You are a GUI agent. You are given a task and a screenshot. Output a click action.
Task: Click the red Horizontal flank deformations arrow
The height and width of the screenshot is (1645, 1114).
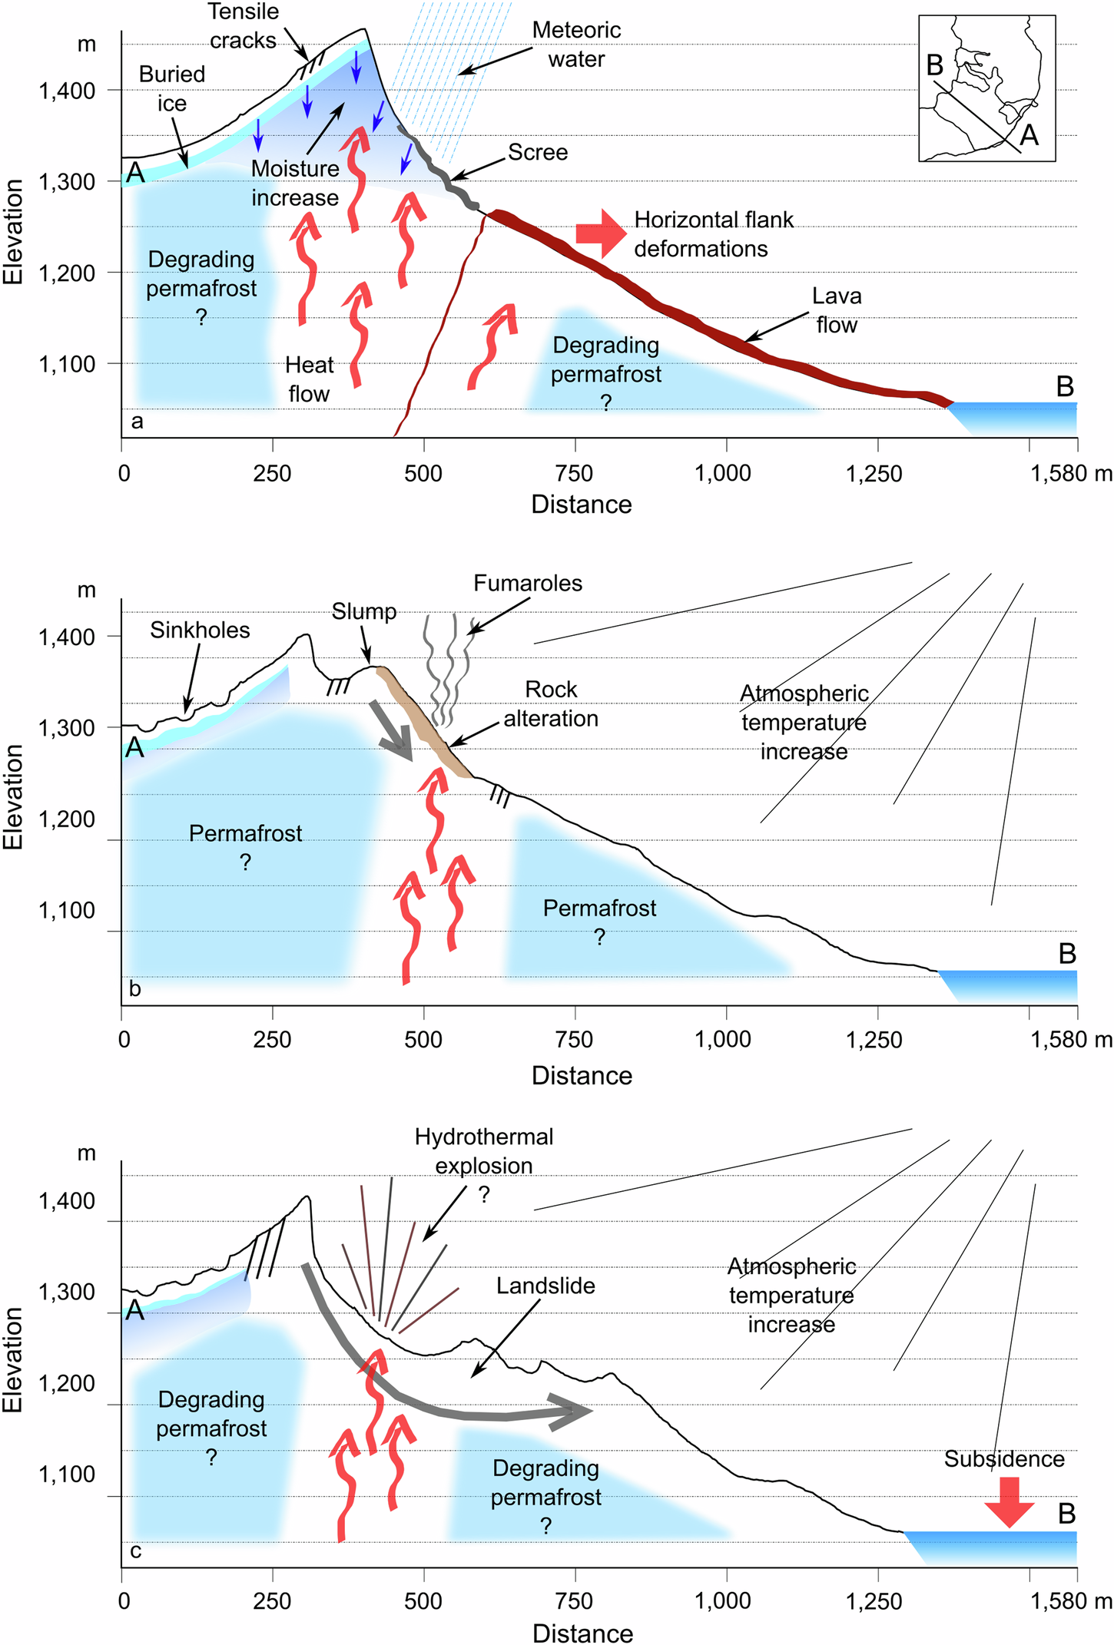click(601, 233)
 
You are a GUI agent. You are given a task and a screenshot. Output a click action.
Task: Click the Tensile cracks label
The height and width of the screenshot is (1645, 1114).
click(243, 26)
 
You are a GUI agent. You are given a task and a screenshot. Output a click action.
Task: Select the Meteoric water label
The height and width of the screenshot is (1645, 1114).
click(576, 45)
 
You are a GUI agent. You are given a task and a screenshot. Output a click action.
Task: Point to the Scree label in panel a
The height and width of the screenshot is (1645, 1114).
click(538, 152)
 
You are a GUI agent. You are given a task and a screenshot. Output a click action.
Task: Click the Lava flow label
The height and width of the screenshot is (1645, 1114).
click(837, 310)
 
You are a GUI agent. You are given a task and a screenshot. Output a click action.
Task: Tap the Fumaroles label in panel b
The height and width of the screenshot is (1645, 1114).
click(528, 583)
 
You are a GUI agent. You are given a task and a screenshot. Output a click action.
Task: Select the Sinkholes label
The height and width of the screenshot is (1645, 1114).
click(200, 630)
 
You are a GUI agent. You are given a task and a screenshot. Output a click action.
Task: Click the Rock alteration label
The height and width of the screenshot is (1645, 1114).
click(551, 703)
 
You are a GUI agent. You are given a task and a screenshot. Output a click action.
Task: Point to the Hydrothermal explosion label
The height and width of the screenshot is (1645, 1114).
click(484, 1150)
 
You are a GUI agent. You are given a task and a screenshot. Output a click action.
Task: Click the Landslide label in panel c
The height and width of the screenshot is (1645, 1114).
click(545, 1286)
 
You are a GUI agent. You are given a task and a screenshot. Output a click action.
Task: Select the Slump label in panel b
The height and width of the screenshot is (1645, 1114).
click(364, 611)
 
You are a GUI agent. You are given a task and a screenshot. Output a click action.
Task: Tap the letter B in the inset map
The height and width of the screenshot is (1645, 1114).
click(935, 66)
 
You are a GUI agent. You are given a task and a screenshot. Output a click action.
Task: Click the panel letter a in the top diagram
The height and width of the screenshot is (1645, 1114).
click(137, 421)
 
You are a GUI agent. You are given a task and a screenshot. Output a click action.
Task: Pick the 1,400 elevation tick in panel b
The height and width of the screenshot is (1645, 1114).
click(68, 637)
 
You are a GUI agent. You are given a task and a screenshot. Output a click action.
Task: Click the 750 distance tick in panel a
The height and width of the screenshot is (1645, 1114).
click(575, 473)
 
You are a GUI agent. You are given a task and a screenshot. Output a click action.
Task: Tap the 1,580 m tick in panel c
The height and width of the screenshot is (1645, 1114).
click(1071, 1600)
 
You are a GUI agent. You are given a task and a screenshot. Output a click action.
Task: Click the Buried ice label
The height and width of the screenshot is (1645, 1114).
click(172, 88)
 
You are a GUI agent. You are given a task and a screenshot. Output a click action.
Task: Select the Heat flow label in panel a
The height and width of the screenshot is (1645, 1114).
click(309, 379)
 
